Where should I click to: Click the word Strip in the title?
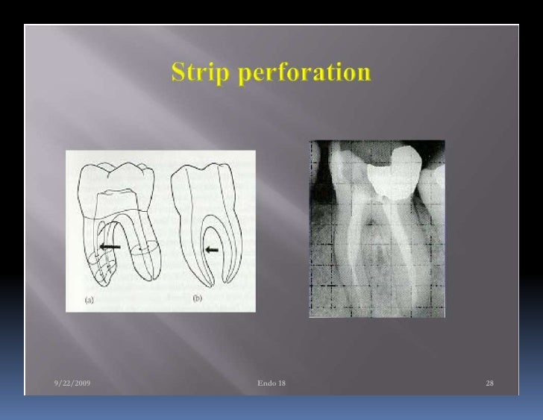pos(197,74)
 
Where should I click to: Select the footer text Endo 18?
pos(271,383)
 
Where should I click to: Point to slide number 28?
pos(489,383)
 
